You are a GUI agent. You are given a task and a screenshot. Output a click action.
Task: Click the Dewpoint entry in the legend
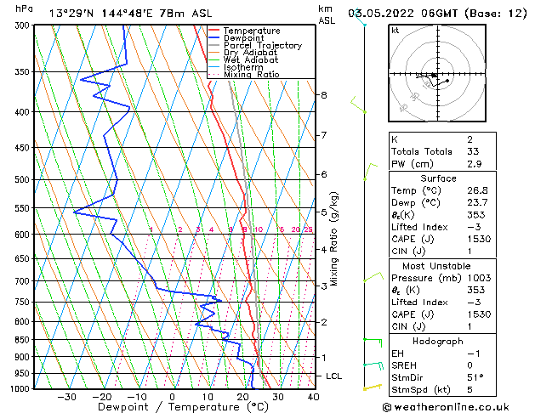tap(248, 38)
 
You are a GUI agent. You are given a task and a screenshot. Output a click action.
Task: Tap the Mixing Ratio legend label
tap(251, 75)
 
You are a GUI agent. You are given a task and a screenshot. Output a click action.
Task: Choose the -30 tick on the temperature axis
tap(66, 397)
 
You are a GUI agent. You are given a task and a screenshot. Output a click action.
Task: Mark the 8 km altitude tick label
tap(324, 95)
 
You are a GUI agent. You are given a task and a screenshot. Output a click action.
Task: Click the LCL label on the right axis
tap(334, 376)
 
